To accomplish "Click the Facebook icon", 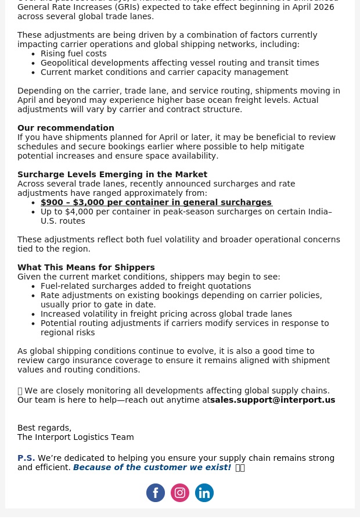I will [x=156, y=493].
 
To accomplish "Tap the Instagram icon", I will [x=180, y=493].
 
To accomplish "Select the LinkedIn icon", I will [x=204, y=493].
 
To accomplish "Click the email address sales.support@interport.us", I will [x=272, y=400].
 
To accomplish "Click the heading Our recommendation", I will [x=66, y=128].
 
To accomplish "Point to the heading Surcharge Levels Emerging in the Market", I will [x=112, y=174].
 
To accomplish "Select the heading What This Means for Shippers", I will [x=86, y=267].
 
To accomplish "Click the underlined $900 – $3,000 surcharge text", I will [x=156, y=202].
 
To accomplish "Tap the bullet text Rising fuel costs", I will [x=73, y=53].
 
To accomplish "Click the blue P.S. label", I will [x=26, y=458].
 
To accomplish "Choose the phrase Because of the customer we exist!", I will [x=152, y=467].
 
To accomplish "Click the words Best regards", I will [x=44, y=428].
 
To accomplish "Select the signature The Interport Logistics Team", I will [x=75, y=437].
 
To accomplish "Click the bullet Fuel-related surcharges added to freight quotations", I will [x=146, y=286].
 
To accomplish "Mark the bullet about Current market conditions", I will [x=164, y=72].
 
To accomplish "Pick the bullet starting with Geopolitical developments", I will [x=179, y=63].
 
